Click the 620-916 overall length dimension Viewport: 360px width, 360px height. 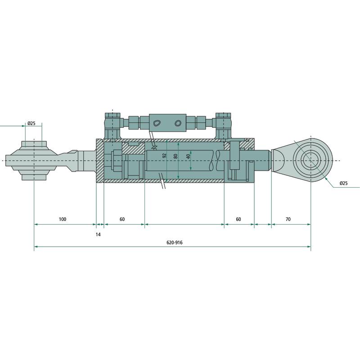[x=175, y=243]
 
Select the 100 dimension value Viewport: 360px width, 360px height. [x=63, y=219]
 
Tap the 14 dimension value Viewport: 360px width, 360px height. [x=98, y=234]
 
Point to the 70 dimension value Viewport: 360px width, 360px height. [x=288, y=219]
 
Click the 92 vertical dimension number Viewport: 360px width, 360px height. [x=164, y=156]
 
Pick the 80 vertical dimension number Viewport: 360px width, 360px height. [x=175, y=156]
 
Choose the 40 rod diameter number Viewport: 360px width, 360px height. [x=188, y=156]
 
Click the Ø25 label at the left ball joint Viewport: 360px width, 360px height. [x=31, y=123]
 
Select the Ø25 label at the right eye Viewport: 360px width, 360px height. [x=343, y=183]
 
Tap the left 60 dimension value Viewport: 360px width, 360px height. [x=122, y=219]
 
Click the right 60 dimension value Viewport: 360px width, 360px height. [x=238, y=219]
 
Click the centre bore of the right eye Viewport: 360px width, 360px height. [x=310, y=160]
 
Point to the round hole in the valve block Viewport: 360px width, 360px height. [x=178, y=123]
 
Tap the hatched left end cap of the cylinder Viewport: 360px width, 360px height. [x=100, y=161]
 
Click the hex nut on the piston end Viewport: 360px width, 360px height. [x=117, y=161]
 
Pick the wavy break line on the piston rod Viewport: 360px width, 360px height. [x=217, y=161]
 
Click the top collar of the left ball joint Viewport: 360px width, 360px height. [x=34, y=144]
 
